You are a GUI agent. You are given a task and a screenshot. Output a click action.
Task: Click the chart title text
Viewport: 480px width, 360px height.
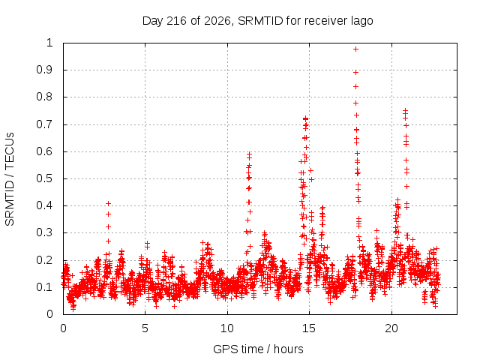coord(257,21)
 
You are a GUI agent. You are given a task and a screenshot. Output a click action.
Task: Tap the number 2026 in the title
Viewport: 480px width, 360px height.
coord(217,21)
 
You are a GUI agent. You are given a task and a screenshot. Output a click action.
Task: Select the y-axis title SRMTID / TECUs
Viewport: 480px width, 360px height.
coord(10,179)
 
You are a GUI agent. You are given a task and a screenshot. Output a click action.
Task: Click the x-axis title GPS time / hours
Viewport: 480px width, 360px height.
coord(258,349)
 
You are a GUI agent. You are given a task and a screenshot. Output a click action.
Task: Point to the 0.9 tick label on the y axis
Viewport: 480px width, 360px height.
coord(45,70)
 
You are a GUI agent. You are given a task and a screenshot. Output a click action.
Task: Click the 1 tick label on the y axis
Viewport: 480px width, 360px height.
coord(49,43)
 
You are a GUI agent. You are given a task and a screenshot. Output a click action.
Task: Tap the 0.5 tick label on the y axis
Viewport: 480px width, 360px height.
coord(45,178)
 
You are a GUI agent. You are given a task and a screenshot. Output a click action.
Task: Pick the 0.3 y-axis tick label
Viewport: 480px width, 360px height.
coord(45,232)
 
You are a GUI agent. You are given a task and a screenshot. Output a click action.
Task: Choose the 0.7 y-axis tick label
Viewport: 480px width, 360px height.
coord(45,124)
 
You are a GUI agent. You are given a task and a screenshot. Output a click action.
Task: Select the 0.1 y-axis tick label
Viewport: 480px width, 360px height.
coord(45,287)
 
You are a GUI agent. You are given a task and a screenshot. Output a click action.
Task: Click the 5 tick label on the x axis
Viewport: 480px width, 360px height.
coord(145,328)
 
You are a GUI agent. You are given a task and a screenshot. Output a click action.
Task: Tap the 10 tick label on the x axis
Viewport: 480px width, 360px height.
coord(227,328)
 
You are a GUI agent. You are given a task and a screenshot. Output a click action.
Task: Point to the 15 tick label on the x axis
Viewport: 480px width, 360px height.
coord(309,328)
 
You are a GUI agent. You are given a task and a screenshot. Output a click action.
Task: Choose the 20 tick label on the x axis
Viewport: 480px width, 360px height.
coord(391,328)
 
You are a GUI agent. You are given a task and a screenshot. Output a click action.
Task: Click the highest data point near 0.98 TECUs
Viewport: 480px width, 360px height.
coord(355,49)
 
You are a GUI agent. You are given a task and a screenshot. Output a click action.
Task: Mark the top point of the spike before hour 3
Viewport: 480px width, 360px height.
coord(108,203)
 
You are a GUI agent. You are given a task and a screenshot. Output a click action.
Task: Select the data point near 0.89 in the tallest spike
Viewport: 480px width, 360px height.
coord(355,73)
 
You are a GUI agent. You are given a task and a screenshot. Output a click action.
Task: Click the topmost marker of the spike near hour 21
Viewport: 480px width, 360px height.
coord(405,110)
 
